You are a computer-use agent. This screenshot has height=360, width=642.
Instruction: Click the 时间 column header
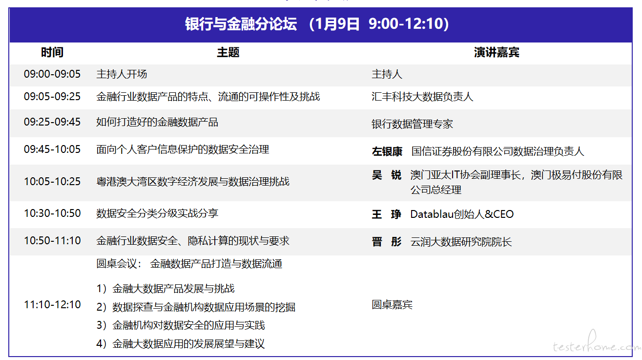[52, 52]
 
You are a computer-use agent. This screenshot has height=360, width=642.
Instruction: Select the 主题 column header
[228, 52]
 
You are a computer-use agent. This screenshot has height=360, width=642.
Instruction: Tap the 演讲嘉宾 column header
[497, 52]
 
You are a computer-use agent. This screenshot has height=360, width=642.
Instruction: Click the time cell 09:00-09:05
[52, 74]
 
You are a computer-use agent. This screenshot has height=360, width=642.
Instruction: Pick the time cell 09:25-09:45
[52, 122]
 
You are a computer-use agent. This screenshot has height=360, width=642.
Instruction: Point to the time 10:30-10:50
[52, 213]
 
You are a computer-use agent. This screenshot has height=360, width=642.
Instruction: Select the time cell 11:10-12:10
[52, 305]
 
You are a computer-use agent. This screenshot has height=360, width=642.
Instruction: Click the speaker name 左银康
[387, 151]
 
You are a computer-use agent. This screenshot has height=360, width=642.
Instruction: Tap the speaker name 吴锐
[387, 175]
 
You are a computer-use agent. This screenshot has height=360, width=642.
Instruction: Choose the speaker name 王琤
[387, 214]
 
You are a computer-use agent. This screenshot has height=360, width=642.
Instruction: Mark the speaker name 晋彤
[387, 242]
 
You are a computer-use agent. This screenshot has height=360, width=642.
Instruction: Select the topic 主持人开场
[122, 74]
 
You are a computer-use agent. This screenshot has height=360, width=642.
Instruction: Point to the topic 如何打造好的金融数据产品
[157, 122]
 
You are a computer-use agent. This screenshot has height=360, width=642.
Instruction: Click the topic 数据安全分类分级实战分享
[157, 213]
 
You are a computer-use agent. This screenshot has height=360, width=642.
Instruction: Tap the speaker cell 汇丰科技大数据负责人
[422, 97]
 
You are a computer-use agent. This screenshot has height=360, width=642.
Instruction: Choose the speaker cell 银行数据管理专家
[412, 124]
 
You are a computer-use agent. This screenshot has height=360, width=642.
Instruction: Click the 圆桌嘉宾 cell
[392, 305]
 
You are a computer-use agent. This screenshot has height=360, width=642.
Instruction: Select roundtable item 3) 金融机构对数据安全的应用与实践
[181, 325]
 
